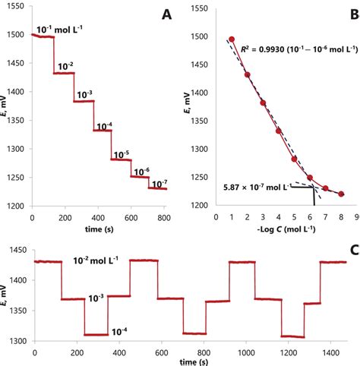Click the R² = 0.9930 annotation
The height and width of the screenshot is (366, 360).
pos(295,49)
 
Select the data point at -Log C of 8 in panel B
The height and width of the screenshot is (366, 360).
pos(341,194)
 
